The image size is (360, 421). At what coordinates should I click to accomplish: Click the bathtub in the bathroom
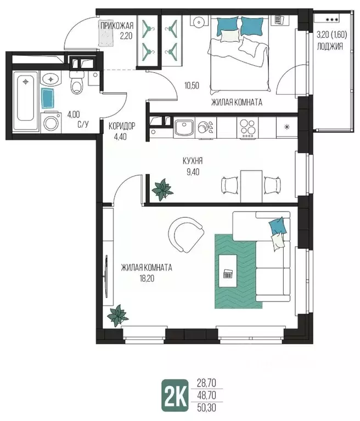coord(26,99)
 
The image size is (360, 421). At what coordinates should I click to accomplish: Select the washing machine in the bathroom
coord(51,122)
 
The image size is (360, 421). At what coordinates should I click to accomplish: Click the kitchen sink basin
coord(184,128)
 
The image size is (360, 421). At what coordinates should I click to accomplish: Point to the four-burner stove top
coord(248,128)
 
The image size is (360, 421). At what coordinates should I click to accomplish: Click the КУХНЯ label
coord(193,161)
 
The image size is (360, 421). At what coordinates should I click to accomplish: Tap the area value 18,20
coord(147,278)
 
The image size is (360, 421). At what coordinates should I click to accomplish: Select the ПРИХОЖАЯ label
coord(117,26)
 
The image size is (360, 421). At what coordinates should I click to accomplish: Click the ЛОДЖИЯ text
coord(330,47)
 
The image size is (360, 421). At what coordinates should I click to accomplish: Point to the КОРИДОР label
coord(122,126)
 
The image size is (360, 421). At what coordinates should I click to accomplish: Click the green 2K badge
coord(175,395)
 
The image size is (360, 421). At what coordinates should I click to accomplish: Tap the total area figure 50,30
coord(206,408)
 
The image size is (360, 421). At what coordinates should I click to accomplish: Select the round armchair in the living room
coord(185,235)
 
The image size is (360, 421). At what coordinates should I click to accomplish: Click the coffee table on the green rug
coord(228,271)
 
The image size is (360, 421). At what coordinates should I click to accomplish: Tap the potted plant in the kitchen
coord(162,189)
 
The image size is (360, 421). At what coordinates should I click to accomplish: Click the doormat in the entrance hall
coord(108,33)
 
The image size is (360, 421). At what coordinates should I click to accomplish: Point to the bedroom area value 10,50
coord(192,86)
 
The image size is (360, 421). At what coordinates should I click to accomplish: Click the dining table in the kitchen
coord(251,186)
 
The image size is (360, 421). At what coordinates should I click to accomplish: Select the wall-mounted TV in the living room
coord(106,276)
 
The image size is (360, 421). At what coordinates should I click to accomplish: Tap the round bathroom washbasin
coord(51,79)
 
